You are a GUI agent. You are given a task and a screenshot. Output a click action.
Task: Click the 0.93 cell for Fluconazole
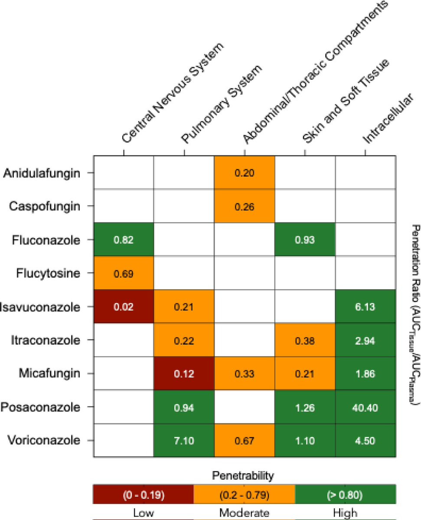pyautogui.click(x=305, y=240)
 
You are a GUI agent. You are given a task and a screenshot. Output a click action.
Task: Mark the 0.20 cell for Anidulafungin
pyautogui.click(x=245, y=173)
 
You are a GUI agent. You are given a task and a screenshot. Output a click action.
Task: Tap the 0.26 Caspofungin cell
pyautogui.click(x=245, y=206)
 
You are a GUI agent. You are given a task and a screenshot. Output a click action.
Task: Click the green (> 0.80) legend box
pyautogui.click(x=345, y=493)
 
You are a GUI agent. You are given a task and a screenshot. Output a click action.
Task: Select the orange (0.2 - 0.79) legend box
pyautogui.click(x=244, y=493)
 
